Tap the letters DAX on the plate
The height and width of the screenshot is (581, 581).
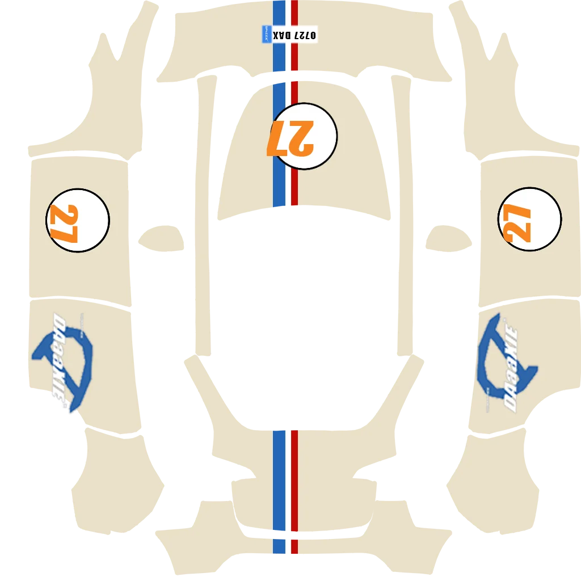tap(283, 35)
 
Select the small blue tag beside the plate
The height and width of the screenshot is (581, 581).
tap(265, 35)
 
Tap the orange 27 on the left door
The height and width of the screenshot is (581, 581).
tap(63, 223)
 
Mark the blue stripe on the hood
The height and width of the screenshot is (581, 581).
tap(279, 182)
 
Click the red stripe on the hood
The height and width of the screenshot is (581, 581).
tap(294, 182)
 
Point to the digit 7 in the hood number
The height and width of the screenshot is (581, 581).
tap(279, 137)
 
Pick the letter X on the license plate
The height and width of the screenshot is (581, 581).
tap(276, 35)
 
